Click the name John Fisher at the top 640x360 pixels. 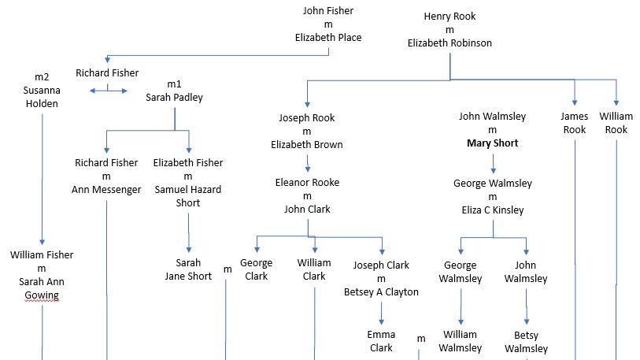328,11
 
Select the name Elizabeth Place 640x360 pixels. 328,37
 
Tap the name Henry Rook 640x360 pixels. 449,17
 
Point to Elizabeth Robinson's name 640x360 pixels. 449,43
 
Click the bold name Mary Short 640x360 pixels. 492,143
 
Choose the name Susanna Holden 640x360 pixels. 42,97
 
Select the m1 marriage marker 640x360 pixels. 174,84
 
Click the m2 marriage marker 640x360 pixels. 42,77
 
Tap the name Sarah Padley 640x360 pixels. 174,98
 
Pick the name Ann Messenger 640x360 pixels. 106,189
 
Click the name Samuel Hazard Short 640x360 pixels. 187,196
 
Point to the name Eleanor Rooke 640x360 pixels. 307,183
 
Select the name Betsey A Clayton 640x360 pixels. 382,291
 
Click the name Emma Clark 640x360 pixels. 381,341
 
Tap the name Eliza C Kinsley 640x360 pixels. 492,210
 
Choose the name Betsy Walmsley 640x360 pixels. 526,341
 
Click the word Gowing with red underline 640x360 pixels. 42,295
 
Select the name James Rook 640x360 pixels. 575,123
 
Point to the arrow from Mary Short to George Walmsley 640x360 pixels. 493,163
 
